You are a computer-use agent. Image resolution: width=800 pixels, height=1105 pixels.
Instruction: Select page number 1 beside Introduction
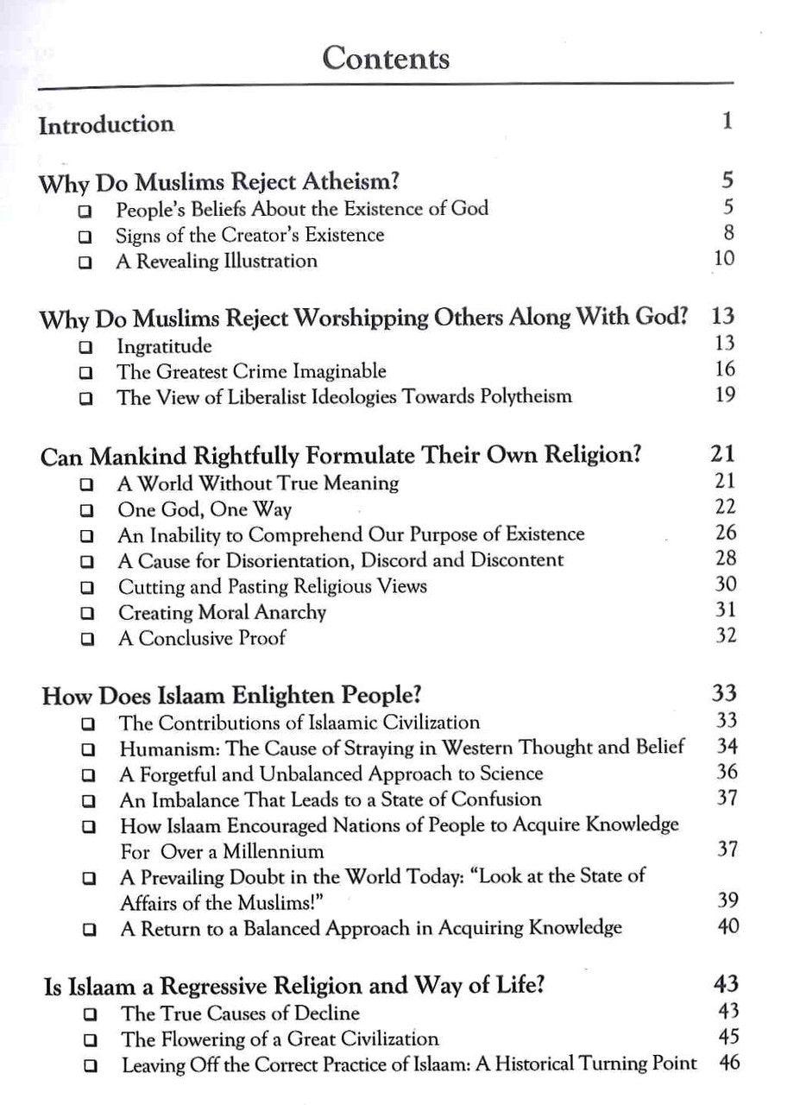point(728,121)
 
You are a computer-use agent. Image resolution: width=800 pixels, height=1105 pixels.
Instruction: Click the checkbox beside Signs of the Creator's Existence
point(84,237)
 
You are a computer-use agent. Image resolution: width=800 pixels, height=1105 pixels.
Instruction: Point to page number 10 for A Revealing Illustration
point(724,258)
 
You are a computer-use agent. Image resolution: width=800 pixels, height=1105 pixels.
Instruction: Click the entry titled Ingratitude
point(164,347)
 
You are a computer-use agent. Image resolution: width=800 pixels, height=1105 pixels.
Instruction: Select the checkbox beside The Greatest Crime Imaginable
point(85,374)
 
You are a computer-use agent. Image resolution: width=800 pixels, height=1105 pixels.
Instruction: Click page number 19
point(725,395)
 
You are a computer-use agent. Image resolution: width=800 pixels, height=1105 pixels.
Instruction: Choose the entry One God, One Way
point(205,509)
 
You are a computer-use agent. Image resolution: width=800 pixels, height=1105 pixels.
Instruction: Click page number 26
point(726,533)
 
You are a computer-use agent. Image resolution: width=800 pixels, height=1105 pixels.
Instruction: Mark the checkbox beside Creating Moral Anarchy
point(85,615)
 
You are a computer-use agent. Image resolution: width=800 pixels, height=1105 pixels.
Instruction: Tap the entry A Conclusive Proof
point(202,639)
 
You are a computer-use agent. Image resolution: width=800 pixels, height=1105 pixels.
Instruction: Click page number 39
point(728,900)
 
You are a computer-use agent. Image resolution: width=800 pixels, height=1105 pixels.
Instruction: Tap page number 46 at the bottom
point(728,1063)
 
